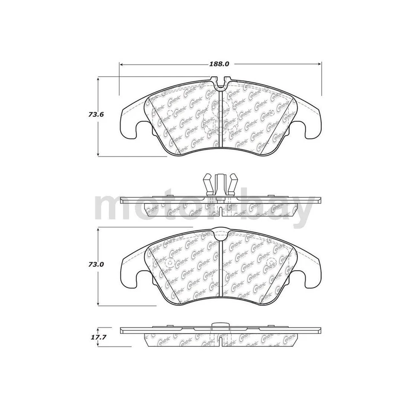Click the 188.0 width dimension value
219,64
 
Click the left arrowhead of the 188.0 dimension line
121,64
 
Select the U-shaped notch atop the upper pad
220,83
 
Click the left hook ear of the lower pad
130,273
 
